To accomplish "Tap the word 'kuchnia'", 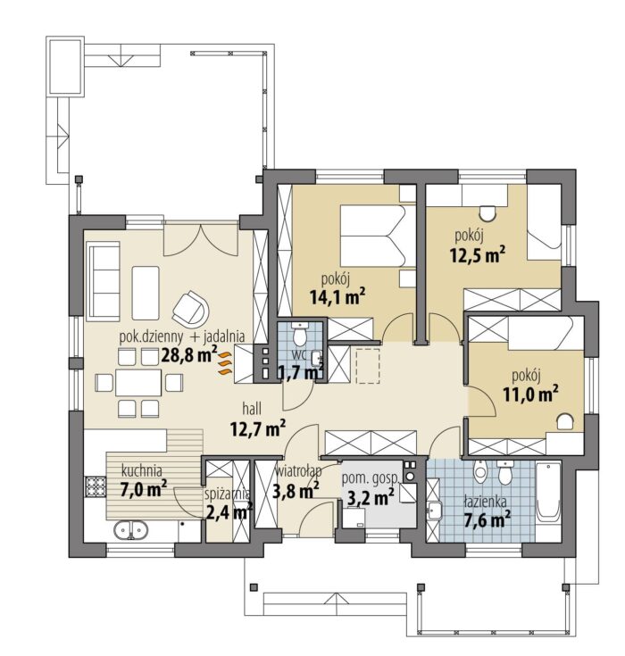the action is [141, 470].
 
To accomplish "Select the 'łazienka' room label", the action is [485, 502].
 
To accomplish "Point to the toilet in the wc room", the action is [299, 334].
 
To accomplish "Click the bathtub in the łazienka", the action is [548, 492].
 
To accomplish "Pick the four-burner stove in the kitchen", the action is [95, 486].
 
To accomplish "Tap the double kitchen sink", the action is [131, 530].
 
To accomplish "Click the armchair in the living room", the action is [191, 309].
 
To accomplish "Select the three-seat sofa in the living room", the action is [104, 281].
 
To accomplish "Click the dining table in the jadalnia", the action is [138, 382].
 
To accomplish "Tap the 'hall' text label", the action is [252, 409].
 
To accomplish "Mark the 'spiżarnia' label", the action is [228, 495].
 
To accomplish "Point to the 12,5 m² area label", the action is [477, 254].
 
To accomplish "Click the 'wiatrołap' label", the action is [298, 471].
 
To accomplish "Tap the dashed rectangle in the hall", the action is [368, 365].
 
